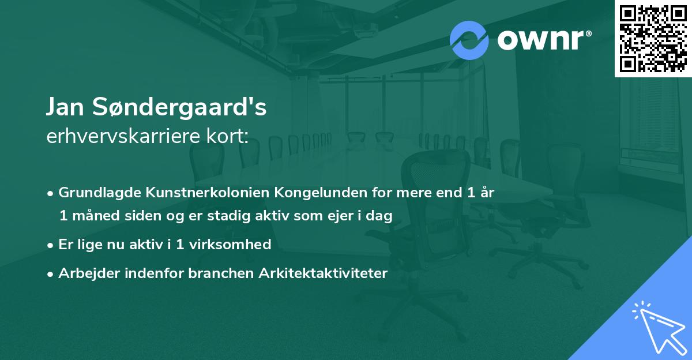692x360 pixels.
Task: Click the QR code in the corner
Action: click(653, 38)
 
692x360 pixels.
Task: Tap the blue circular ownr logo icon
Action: click(469, 39)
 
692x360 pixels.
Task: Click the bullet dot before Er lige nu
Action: click(51, 245)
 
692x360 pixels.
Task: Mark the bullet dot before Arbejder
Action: click(51, 273)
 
